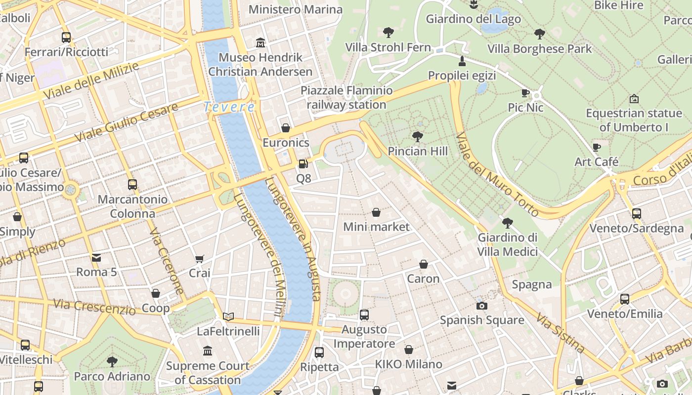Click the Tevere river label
coord(229,107)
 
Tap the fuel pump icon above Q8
coord(303,164)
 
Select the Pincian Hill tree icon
coord(418,137)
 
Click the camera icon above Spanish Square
coord(481,306)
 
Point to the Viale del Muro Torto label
coord(496,174)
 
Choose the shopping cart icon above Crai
coord(200,259)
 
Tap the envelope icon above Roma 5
coord(96,257)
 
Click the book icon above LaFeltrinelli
coord(228,316)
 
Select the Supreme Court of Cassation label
coord(208,373)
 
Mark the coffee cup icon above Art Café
coord(597,147)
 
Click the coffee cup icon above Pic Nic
coord(525,93)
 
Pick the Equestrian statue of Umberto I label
coord(634,120)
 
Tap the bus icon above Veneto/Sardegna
coord(637,214)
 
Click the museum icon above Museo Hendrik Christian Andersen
coord(260,43)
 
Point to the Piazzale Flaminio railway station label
coord(346,97)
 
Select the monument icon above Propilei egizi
coord(462,61)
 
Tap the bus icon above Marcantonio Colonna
coord(132,185)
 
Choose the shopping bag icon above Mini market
coord(376,212)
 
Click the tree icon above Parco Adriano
coord(112,361)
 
